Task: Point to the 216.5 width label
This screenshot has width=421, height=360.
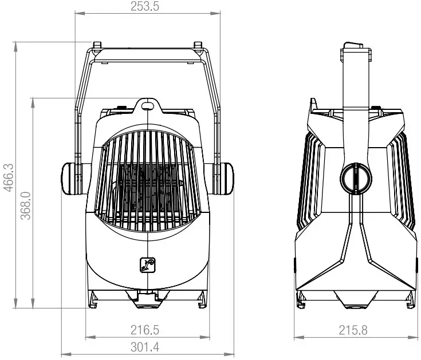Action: [x=148, y=330]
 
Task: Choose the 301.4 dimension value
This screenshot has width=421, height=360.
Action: [x=148, y=347]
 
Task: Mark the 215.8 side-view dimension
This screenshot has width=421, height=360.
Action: [x=353, y=330]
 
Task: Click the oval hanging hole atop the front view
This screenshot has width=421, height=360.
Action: [x=148, y=105]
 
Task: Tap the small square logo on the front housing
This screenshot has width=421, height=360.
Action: [x=148, y=264]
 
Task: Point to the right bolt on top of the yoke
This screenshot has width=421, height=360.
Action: [x=198, y=45]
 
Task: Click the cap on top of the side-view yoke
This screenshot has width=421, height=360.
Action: [x=353, y=45]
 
